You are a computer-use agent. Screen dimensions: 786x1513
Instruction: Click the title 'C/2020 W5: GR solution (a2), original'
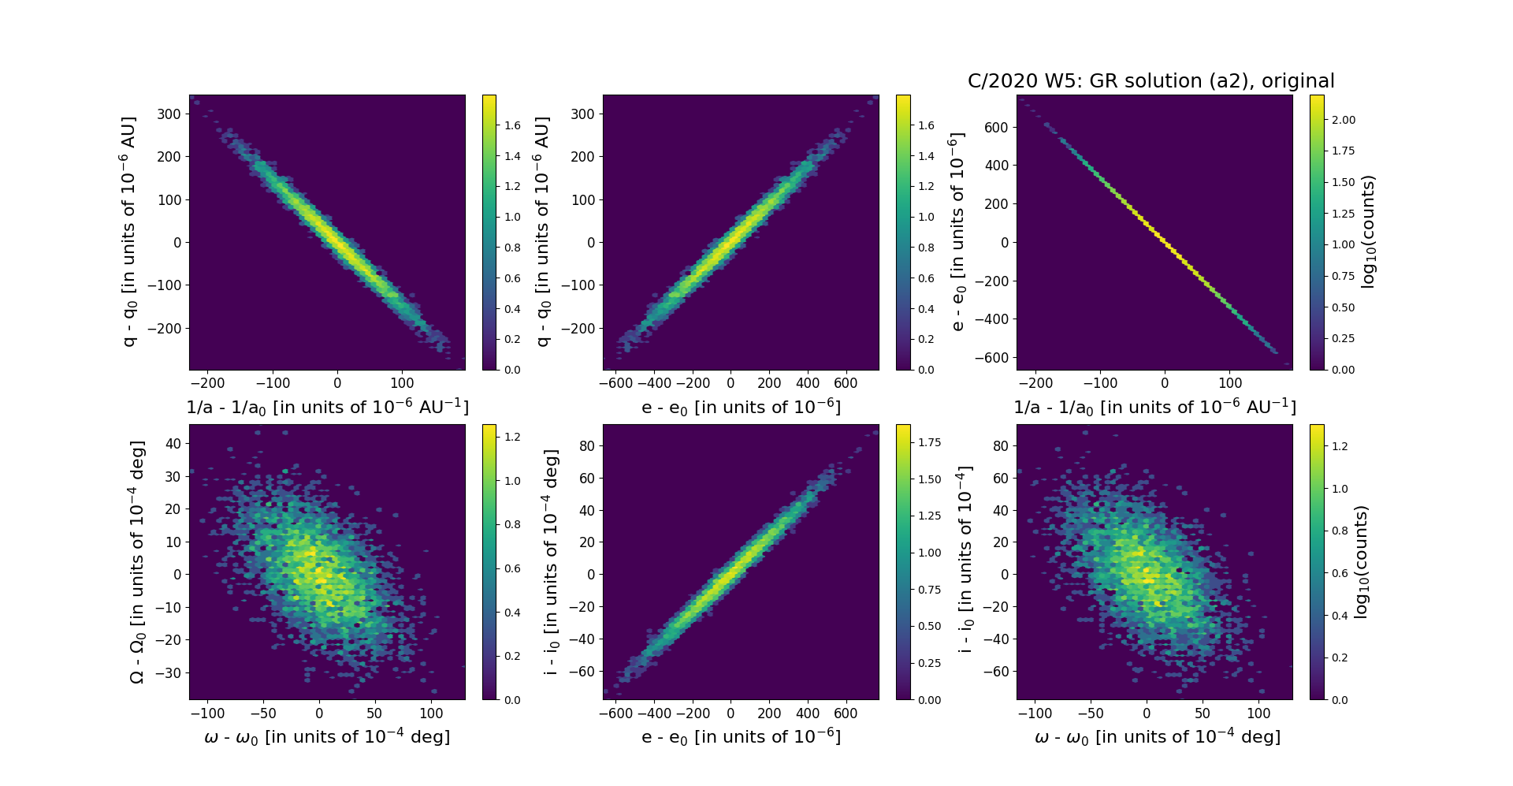pyautogui.click(x=1151, y=81)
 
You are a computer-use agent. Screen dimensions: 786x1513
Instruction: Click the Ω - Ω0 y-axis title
pyautogui.click(x=137, y=561)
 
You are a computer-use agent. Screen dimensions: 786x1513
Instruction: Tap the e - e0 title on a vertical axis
pyautogui.click(x=957, y=232)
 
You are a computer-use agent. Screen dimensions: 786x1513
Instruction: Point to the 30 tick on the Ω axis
pyautogui.click(x=173, y=476)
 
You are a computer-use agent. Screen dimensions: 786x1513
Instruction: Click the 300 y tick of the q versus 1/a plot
pyautogui.click(x=169, y=114)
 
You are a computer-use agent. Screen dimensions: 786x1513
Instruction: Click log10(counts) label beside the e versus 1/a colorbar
pyautogui.click(x=1368, y=232)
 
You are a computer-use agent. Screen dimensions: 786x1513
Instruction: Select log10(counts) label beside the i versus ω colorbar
pyautogui.click(x=1360, y=561)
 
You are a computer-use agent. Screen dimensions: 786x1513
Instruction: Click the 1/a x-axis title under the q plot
pyautogui.click(x=327, y=407)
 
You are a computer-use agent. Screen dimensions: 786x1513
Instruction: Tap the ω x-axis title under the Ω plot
pyautogui.click(x=327, y=736)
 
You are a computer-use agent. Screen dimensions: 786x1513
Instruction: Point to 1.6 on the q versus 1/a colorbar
pyautogui.click(x=512, y=125)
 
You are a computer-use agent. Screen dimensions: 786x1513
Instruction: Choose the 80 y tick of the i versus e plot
pyautogui.click(x=585, y=445)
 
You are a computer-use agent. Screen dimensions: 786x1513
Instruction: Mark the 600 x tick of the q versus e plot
pyautogui.click(x=846, y=384)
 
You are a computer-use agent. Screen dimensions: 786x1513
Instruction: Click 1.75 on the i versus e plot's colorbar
pyautogui.click(x=929, y=442)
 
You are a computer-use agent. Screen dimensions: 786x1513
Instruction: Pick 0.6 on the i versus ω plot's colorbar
pyautogui.click(x=1339, y=573)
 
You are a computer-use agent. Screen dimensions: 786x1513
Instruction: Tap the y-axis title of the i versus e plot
pyautogui.click(x=551, y=561)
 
